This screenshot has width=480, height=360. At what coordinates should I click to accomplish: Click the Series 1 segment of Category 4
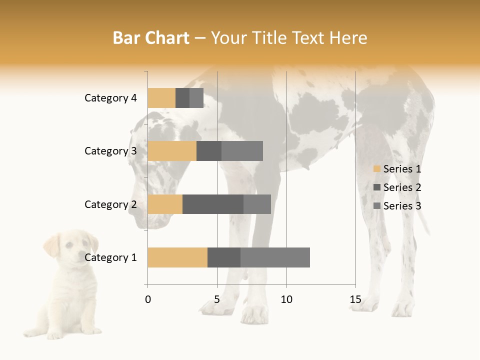click(161, 98)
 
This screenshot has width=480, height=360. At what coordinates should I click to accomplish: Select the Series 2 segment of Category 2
click(213, 204)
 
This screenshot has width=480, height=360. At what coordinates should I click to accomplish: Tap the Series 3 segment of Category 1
click(275, 257)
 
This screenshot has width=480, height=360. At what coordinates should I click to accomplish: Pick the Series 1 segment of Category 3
click(172, 151)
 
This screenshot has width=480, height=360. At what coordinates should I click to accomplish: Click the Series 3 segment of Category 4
click(196, 98)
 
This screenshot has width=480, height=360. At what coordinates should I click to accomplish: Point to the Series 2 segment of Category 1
click(224, 257)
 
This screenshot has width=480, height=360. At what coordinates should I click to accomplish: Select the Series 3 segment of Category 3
click(242, 151)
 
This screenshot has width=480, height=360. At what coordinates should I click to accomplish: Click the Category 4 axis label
click(110, 98)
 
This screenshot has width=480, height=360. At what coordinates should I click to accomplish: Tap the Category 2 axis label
click(110, 204)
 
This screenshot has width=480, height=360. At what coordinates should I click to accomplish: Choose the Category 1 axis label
click(110, 257)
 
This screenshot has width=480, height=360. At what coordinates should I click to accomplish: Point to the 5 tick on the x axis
click(217, 299)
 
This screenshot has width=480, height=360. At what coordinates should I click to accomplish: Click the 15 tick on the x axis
click(355, 299)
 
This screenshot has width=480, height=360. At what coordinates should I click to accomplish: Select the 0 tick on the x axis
click(148, 299)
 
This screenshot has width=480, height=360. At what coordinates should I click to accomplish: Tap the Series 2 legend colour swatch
click(377, 187)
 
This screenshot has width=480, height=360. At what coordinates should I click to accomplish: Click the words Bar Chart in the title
click(151, 38)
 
